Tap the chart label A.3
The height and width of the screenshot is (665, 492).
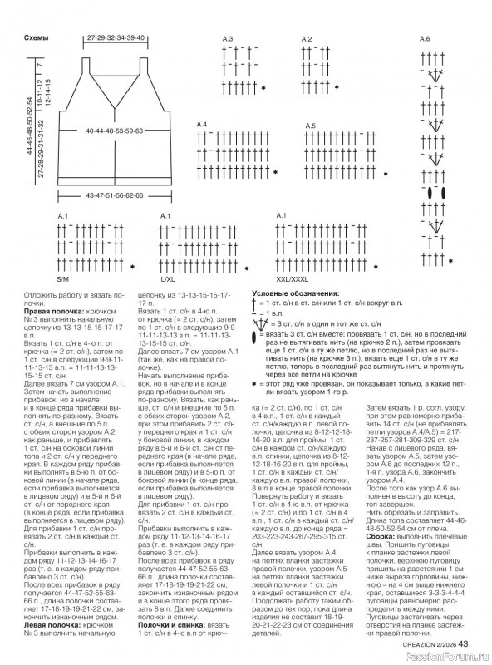pyautogui.click(x=227, y=39)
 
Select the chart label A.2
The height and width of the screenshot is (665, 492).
pyautogui.click(x=306, y=39)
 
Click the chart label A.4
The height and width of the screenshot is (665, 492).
pyautogui.click(x=201, y=124)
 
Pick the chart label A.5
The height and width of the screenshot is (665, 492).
pyautogui.click(x=310, y=126)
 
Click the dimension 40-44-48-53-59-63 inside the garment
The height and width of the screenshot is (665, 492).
pyautogui.click(x=114, y=131)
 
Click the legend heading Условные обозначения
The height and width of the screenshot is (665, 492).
pyautogui.click(x=295, y=294)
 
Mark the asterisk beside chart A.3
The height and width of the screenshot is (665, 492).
pyautogui.click(x=263, y=87)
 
